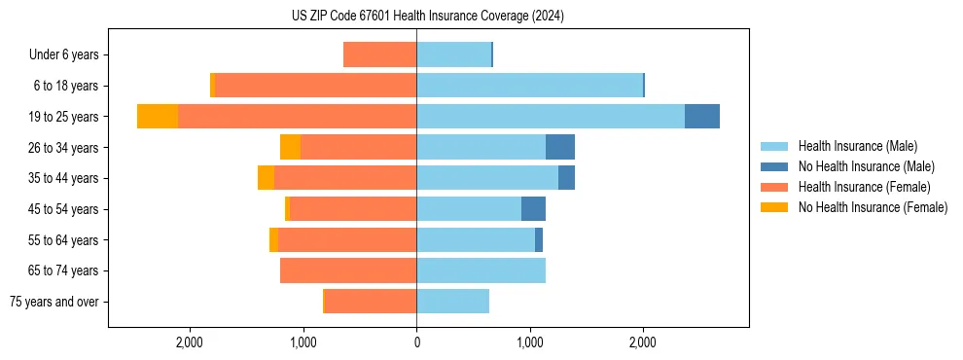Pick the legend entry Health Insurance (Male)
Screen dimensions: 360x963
click(857, 147)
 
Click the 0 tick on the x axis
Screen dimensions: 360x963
click(416, 342)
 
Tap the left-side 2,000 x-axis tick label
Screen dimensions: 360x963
click(190, 342)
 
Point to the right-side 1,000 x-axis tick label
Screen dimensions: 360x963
click(530, 342)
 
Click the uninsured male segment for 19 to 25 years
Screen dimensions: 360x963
click(702, 117)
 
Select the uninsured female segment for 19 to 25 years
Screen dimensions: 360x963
click(158, 117)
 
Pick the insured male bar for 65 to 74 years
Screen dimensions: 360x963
click(481, 270)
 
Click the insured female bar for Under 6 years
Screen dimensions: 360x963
click(379, 54)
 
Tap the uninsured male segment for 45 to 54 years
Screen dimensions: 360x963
click(533, 209)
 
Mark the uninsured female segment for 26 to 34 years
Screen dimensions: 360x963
click(290, 147)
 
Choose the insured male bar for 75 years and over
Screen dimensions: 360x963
click(452, 302)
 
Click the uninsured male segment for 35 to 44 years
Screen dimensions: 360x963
click(566, 178)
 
